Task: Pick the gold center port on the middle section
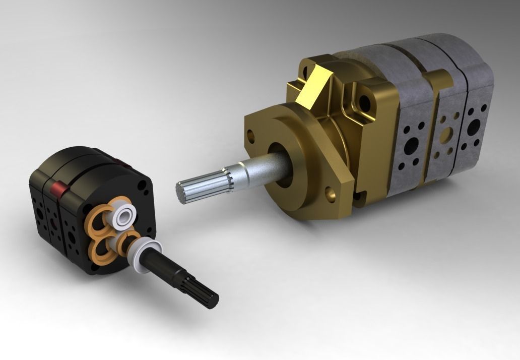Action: coord(446,134)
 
